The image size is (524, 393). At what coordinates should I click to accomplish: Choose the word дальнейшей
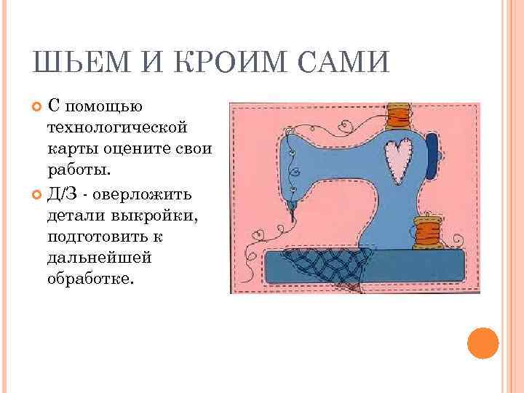(x=92, y=258)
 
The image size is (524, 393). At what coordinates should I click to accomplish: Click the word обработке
(x=91, y=279)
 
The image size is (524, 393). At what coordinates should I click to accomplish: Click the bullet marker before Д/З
(x=38, y=194)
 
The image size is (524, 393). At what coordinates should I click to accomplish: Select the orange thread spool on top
(x=400, y=116)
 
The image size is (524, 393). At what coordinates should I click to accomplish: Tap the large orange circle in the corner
(x=482, y=342)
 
